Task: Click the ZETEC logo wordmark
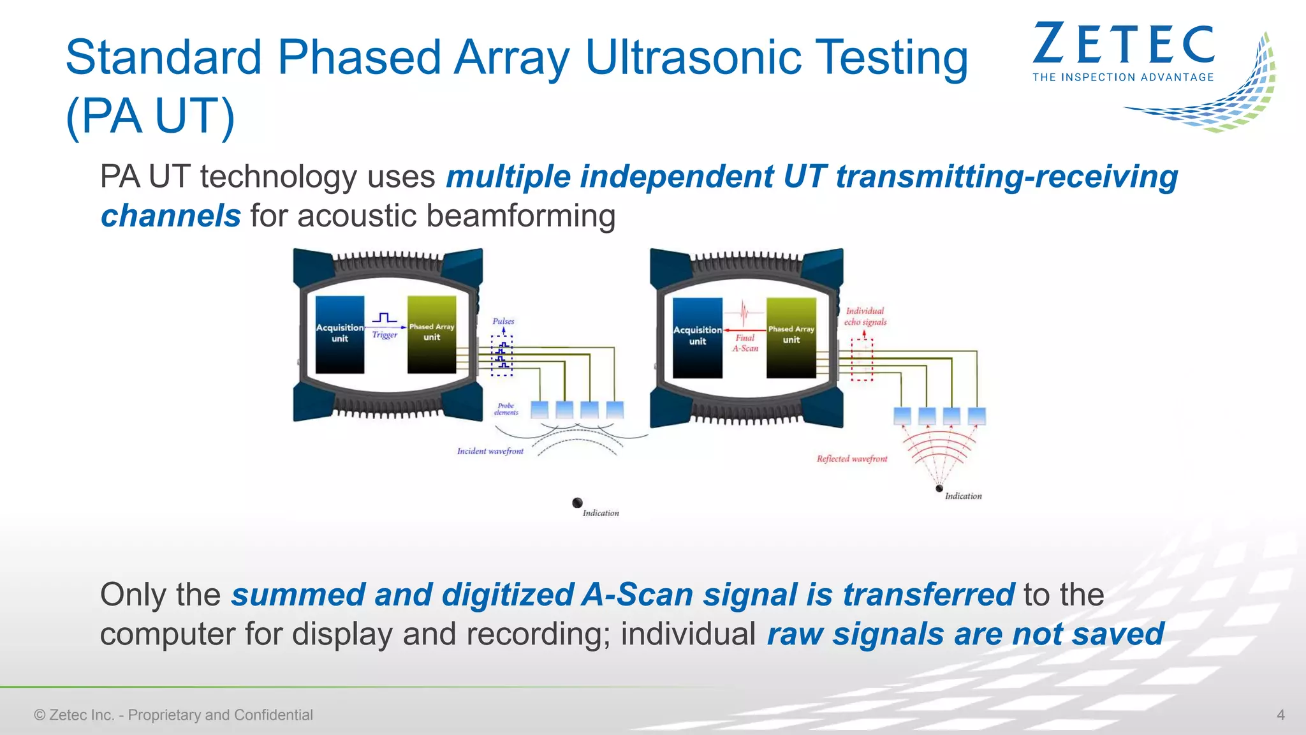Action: coord(1123,45)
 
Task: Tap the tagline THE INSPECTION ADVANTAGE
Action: coord(1123,77)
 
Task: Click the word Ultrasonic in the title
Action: coord(693,57)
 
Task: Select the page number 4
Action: coord(1280,715)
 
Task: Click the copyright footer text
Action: coord(173,715)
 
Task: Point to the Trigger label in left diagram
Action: coord(385,335)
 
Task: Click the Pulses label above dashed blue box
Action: coord(503,321)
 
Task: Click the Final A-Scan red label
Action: coord(745,343)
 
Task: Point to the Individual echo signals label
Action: coord(865,316)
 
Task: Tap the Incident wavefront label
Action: coord(490,451)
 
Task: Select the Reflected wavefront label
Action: coord(852,459)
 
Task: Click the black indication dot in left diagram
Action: coord(577,503)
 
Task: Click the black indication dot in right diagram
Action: coord(939,489)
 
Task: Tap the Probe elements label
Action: coord(506,409)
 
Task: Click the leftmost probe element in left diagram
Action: coord(539,410)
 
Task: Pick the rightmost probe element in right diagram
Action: coord(976,416)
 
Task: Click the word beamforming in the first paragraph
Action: coord(520,216)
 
